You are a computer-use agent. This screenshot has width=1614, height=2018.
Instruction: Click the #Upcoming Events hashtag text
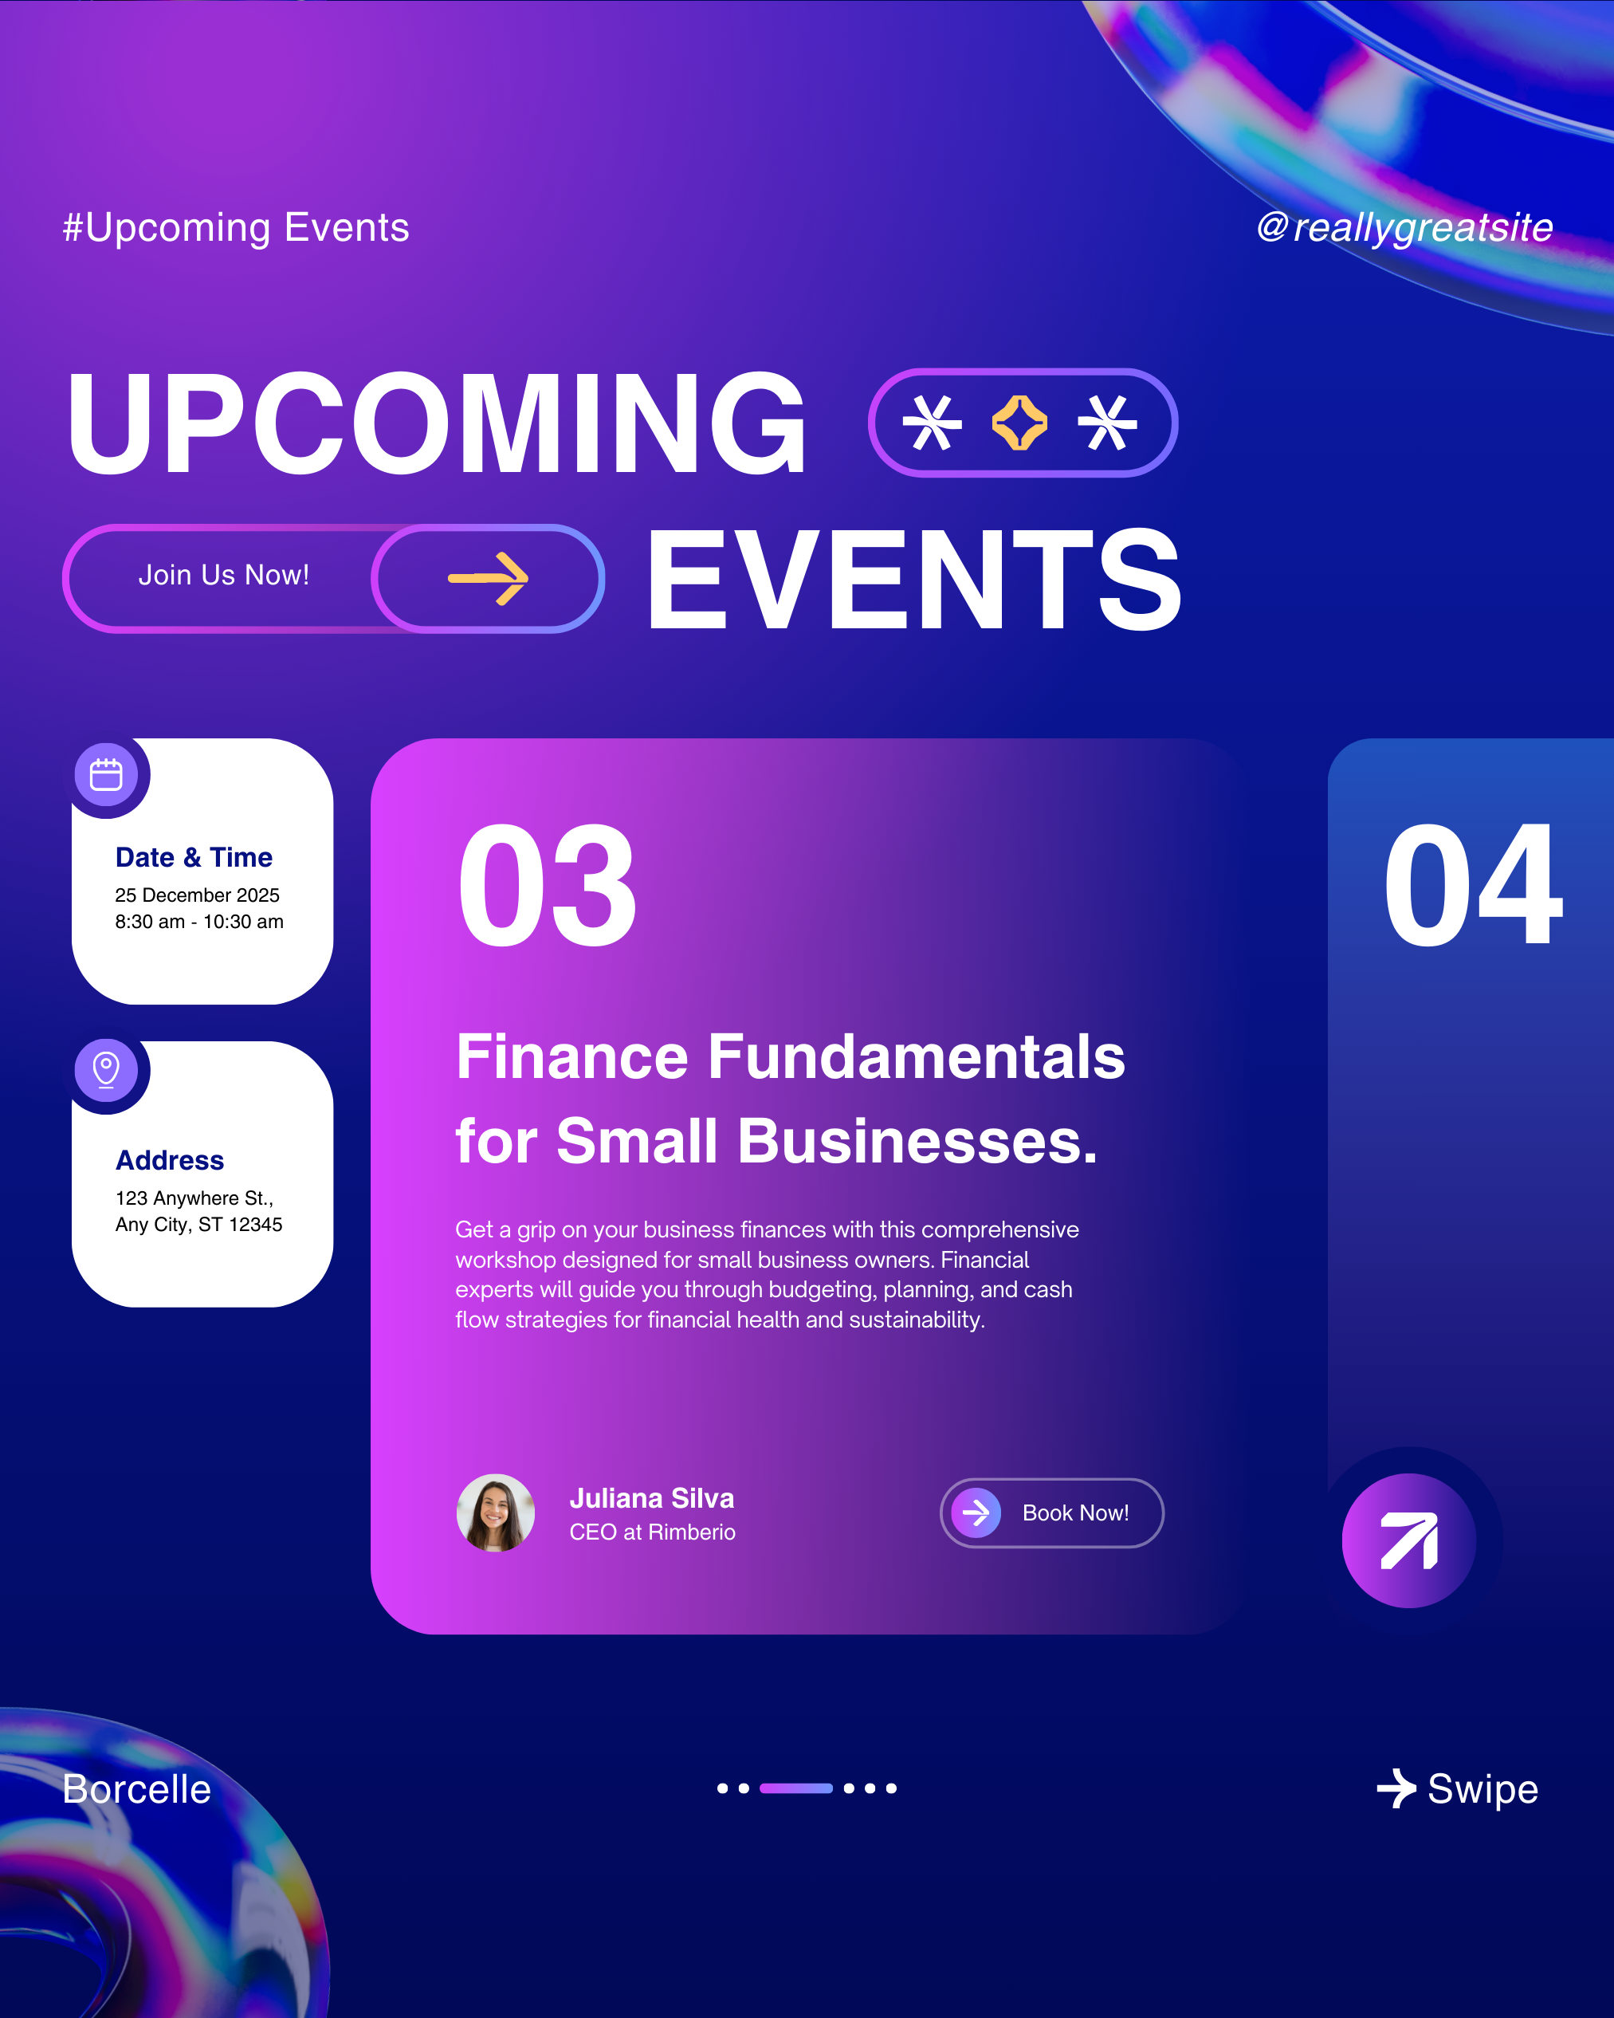point(236,228)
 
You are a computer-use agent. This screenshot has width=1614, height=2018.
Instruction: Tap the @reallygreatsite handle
point(1404,227)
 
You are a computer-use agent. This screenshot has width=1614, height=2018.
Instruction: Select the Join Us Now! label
point(224,575)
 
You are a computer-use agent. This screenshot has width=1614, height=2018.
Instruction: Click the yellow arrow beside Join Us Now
point(489,578)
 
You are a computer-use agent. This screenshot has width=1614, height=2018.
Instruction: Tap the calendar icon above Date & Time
point(106,775)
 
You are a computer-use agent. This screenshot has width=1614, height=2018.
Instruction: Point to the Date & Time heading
point(194,857)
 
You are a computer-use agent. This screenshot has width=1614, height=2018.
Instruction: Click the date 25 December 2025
point(198,895)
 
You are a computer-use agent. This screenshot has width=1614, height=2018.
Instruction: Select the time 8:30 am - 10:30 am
point(199,922)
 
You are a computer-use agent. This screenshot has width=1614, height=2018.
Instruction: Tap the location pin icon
point(106,1070)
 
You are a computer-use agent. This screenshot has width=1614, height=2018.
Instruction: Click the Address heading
point(169,1161)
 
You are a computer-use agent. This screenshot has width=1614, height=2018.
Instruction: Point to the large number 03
point(548,886)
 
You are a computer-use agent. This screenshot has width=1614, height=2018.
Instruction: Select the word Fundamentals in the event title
point(916,1056)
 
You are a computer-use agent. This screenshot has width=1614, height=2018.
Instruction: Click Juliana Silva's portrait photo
point(496,1513)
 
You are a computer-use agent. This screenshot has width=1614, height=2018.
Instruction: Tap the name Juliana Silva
point(652,1498)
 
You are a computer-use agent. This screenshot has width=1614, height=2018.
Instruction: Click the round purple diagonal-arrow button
point(1409,1540)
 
